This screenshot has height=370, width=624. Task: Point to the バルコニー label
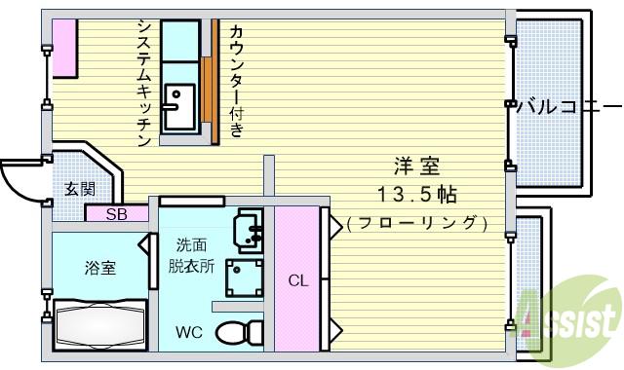[566, 106]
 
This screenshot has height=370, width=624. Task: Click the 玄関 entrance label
[80, 189]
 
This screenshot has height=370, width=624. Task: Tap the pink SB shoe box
[115, 214]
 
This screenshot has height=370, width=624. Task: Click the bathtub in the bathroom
[98, 323]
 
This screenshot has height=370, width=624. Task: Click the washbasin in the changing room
[249, 231]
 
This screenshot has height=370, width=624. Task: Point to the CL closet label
[297, 280]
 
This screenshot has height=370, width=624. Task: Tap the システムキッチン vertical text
[143, 83]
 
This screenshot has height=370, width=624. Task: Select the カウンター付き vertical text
[236, 80]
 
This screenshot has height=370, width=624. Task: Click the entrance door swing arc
[19, 177]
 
